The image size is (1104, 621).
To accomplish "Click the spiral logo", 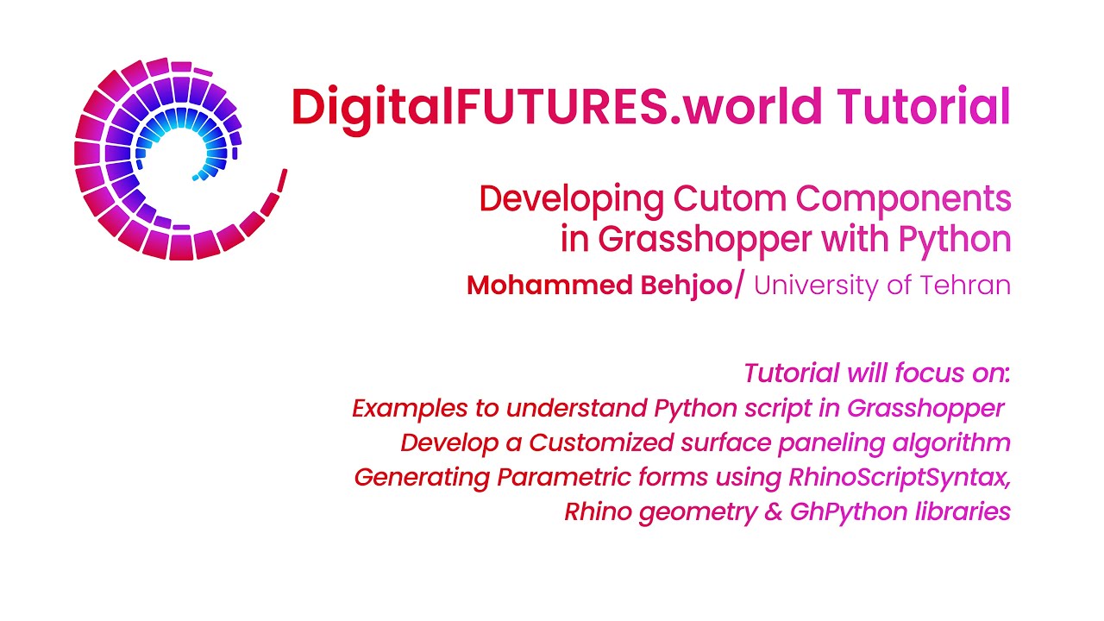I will point(172,160).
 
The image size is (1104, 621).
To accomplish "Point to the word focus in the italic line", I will point(918,373).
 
